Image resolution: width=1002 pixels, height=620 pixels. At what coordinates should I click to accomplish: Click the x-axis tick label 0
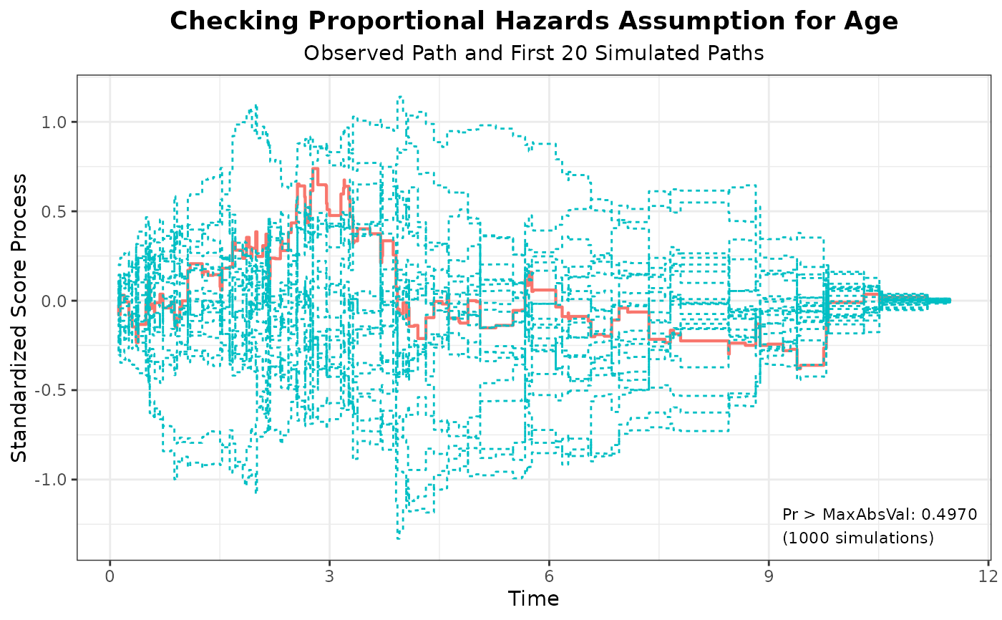pos(110,577)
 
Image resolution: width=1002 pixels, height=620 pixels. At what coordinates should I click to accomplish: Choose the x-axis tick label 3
pos(329,577)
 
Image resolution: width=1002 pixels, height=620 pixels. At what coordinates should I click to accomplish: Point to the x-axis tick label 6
pos(549,577)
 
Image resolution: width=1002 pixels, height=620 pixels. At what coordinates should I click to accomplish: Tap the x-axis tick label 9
pos(769,577)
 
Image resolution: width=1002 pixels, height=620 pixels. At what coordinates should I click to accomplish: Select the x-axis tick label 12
pos(988,577)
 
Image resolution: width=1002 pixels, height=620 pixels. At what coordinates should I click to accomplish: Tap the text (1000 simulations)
pos(858,538)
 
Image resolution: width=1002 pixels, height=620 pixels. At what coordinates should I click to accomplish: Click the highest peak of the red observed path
pos(315,169)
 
